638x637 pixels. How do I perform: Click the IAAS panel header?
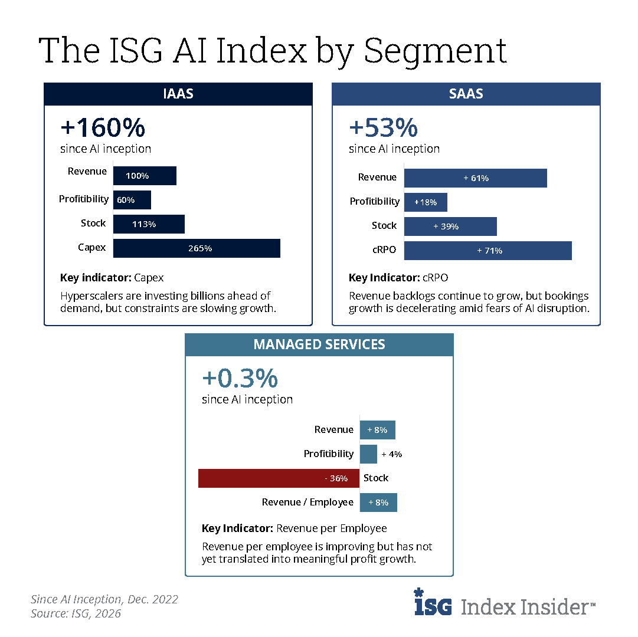click(178, 94)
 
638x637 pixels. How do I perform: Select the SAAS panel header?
click(466, 94)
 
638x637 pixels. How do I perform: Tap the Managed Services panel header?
click(319, 344)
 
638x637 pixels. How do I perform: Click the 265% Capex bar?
click(197, 248)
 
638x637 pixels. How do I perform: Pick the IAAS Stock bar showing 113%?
click(149, 224)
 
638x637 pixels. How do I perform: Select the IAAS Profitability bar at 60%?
click(132, 200)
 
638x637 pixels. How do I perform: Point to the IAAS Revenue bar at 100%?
click(145, 176)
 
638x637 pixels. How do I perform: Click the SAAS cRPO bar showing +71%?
click(488, 251)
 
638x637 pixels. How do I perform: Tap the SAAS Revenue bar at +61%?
click(475, 178)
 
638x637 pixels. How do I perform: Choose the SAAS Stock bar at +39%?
click(450, 226)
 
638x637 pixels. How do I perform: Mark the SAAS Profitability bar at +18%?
click(426, 202)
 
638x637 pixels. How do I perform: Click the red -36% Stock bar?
click(279, 478)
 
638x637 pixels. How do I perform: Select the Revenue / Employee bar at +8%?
click(378, 503)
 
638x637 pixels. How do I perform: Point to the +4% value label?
click(392, 454)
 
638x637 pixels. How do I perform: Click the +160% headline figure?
click(103, 128)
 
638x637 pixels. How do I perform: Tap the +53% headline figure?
click(383, 128)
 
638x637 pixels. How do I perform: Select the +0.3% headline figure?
click(240, 379)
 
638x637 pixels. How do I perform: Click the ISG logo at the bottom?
click(433, 603)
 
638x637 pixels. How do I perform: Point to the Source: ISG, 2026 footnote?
click(76, 614)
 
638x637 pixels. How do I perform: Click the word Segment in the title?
click(435, 51)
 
